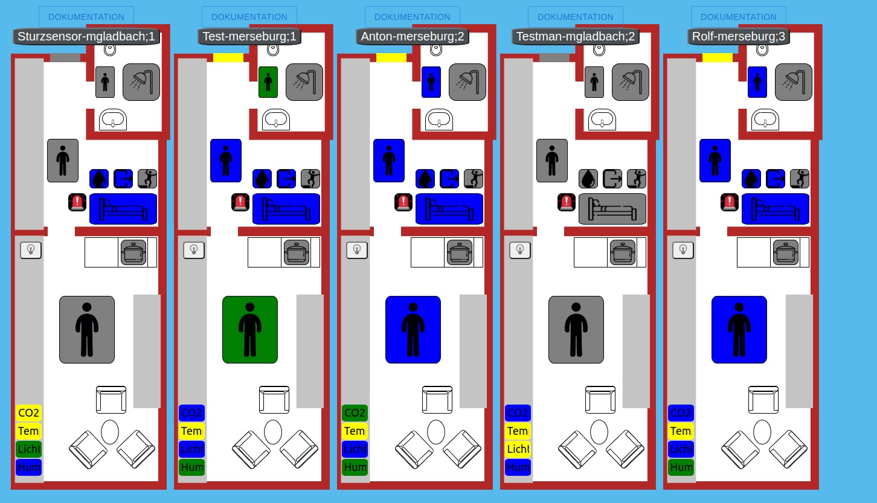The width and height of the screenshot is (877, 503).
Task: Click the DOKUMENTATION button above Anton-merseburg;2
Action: tap(413, 17)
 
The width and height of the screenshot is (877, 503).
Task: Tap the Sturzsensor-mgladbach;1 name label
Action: tap(86, 37)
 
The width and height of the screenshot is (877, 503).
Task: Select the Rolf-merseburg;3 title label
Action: tap(739, 37)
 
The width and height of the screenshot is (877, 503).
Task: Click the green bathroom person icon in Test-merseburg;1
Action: tap(268, 82)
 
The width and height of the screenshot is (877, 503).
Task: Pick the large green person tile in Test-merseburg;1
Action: tap(250, 330)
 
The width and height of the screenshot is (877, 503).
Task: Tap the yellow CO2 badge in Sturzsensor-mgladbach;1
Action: tap(29, 413)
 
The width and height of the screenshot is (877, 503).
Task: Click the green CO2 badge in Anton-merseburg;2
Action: tap(355, 413)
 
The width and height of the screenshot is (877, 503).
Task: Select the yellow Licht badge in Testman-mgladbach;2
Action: tap(518, 449)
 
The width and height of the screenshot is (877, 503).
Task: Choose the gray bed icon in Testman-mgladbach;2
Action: tap(612, 209)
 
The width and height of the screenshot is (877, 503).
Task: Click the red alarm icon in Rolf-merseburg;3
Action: tap(730, 202)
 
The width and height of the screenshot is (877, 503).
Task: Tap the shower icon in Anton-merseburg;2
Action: tap(467, 82)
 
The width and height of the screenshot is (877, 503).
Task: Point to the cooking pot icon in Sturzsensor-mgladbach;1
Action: tap(134, 252)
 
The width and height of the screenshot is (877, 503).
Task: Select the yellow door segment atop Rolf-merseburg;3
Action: tap(718, 58)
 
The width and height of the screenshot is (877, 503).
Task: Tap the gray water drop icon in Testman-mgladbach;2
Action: tap(588, 179)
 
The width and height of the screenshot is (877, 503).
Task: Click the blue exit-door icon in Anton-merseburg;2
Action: tap(449, 179)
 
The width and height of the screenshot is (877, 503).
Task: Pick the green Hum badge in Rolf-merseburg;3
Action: tap(681, 467)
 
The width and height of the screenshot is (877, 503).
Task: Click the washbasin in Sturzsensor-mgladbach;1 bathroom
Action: tap(112, 120)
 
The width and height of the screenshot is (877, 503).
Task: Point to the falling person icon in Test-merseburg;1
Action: tap(310, 179)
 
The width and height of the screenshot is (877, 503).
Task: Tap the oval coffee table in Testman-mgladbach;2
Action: tap(599, 432)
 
